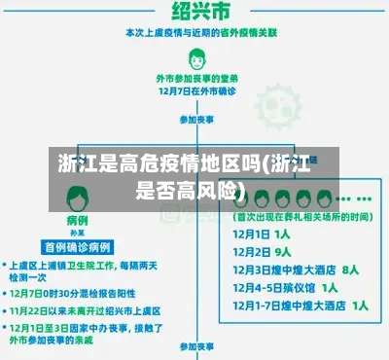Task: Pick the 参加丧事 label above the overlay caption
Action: [x=194, y=120]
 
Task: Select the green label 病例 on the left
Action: [x=78, y=222]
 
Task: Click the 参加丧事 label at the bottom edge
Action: [x=194, y=346]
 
